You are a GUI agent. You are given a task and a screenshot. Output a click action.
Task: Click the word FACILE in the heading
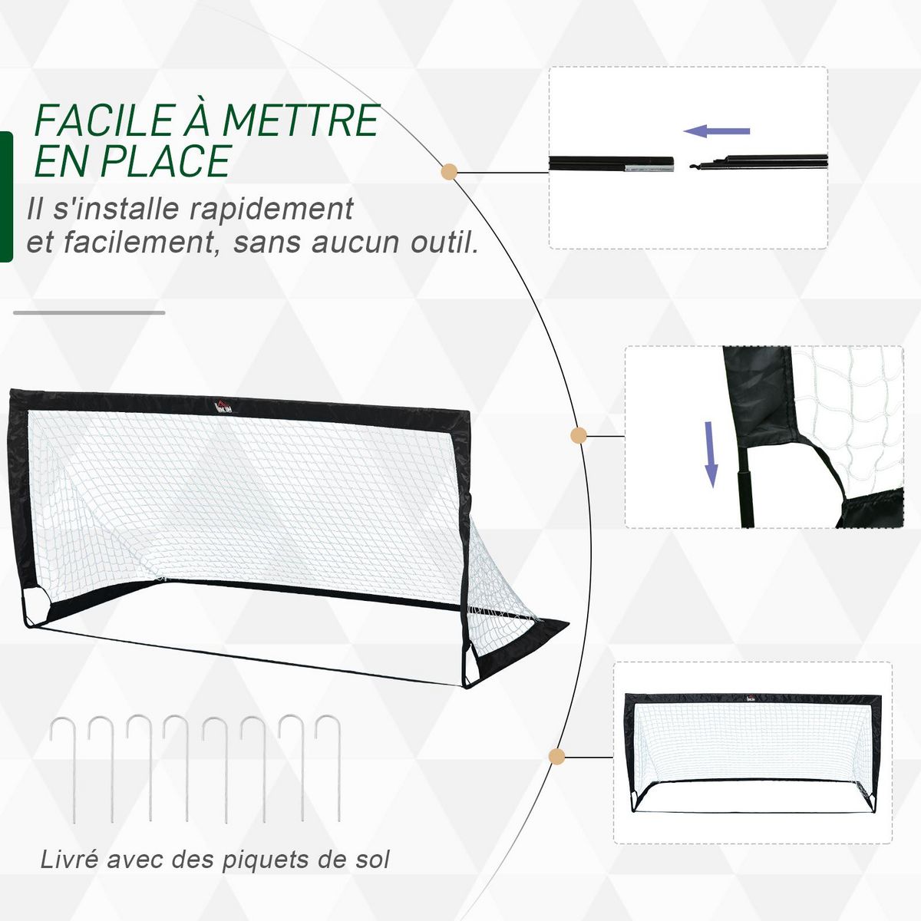[104, 120]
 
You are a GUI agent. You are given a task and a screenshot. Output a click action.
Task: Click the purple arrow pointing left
[716, 131]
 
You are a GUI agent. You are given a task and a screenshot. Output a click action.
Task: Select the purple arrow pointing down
[711, 454]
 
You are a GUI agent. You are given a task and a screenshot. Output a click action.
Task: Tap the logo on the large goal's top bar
[221, 405]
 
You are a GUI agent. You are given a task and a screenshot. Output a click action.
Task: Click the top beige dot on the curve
[450, 172]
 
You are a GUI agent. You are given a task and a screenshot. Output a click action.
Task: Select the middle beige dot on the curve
[579, 436]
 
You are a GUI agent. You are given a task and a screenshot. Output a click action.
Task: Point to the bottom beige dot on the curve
[557, 757]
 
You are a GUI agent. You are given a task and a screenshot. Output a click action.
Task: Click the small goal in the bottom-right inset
[752, 752]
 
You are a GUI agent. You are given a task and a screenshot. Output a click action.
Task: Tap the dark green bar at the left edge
[6, 197]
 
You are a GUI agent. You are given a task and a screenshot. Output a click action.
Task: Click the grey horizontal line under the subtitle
[89, 312]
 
